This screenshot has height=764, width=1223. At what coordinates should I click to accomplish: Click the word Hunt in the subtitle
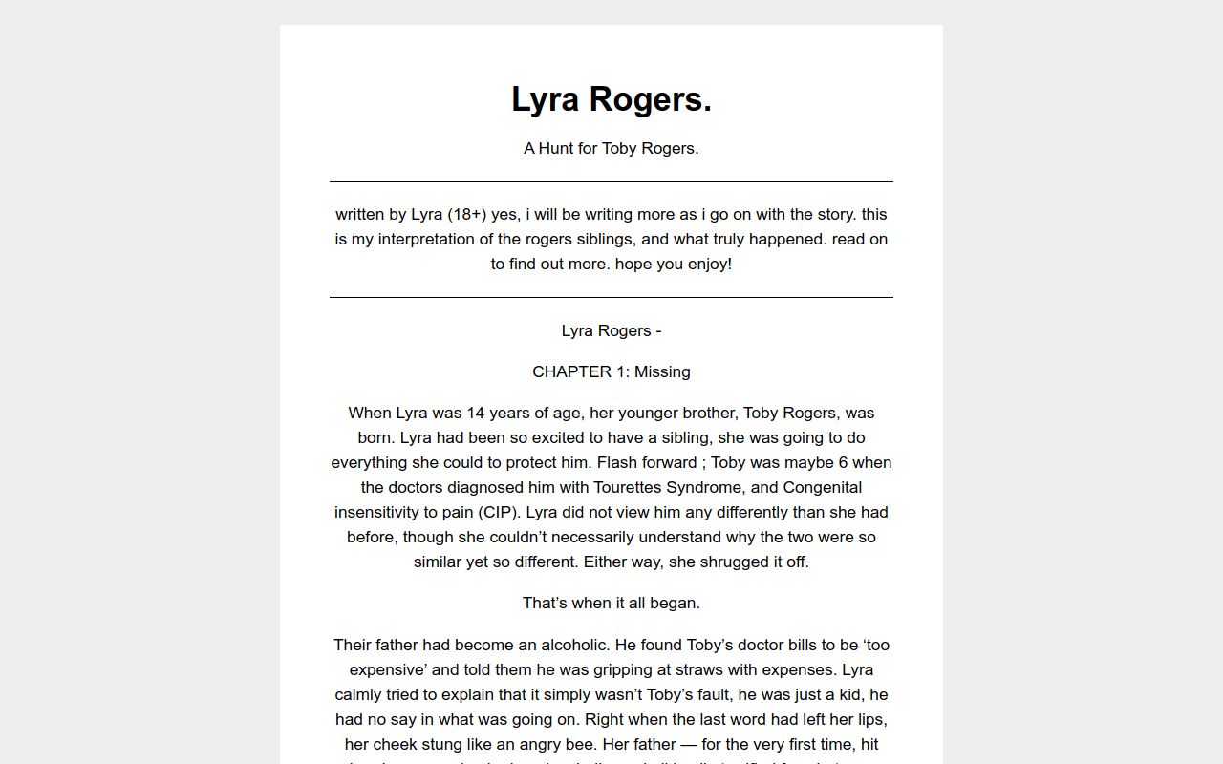(556, 148)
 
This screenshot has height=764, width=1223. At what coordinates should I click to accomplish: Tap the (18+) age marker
(466, 214)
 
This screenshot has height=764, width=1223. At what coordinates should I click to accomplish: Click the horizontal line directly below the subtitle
(611, 181)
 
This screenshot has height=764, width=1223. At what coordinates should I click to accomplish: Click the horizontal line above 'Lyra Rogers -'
(611, 297)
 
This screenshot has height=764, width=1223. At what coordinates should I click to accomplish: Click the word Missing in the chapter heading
(662, 371)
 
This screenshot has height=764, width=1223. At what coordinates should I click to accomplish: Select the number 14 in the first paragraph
(477, 413)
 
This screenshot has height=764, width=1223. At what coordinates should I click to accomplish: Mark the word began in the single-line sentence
(676, 603)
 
